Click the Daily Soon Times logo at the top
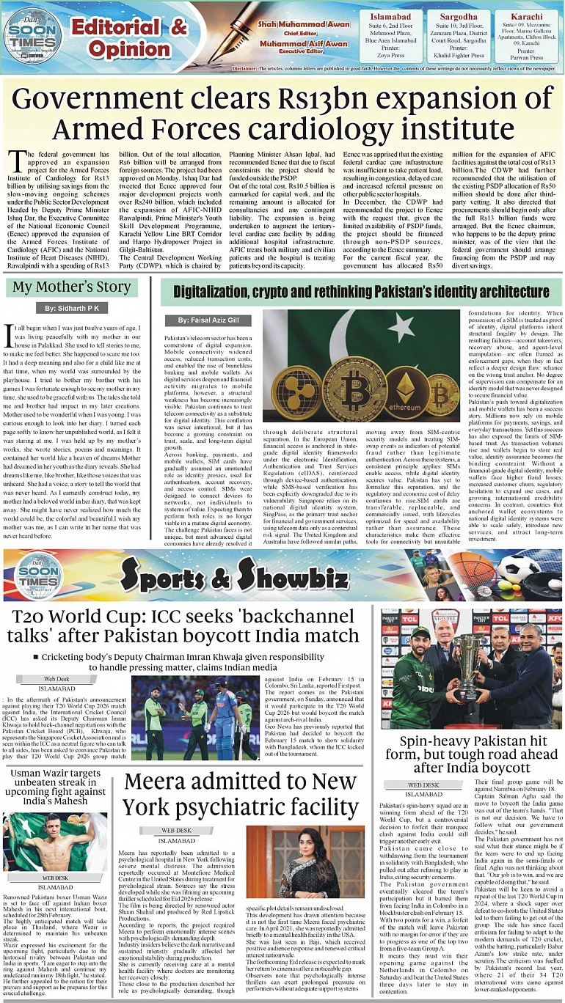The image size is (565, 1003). click(x=32, y=35)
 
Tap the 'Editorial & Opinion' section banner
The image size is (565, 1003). click(x=129, y=38)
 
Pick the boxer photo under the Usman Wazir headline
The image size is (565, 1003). click(x=55, y=840)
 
